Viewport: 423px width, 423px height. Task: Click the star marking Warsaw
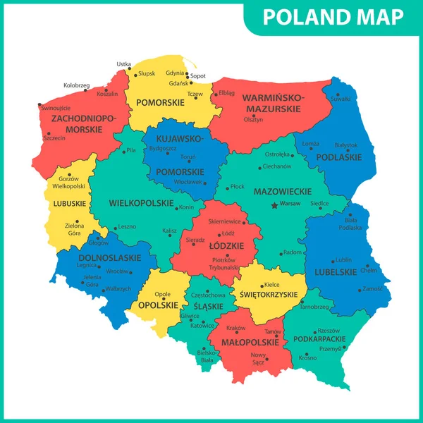point(274,205)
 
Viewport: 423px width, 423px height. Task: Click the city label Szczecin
point(54,138)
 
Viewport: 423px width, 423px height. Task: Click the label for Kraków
point(236,328)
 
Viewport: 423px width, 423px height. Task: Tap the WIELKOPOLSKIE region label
point(141,203)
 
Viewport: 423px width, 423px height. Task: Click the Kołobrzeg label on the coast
point(76,85)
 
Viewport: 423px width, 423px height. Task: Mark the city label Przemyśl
point(330,348)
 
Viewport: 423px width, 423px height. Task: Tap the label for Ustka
point(123,64)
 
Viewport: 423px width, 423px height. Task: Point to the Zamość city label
point(374,289)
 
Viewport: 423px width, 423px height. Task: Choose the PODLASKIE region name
point(338,157)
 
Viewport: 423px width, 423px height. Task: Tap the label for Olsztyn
point(253,120)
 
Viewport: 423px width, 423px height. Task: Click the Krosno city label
point(307,357)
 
